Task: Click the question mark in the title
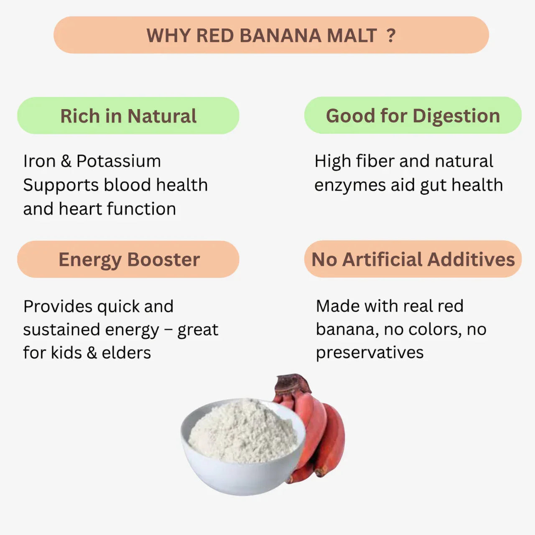tap(391, 36)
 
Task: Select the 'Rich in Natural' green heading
tap(128, 116)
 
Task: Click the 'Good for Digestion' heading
tap(413, 115)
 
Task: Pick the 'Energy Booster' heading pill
tap(129, 260)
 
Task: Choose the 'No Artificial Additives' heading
tap(413, 259)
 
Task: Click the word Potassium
tap(119, 161)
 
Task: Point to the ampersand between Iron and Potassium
tap(66, 161)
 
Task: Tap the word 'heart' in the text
tap(80, 209)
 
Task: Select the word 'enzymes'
tap(350, 185)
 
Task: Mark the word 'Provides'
tap(58, 306)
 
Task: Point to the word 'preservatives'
tap(369, 353)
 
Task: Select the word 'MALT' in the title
tap(352, 36)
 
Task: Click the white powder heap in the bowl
tap(242, 431)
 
